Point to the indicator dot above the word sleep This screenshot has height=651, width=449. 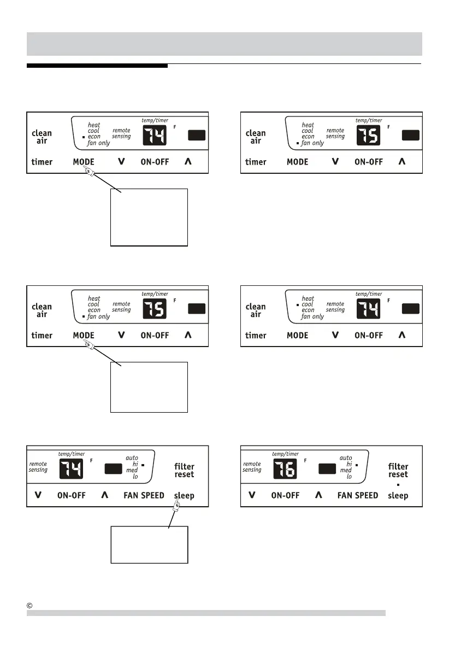click(x=398, y=484)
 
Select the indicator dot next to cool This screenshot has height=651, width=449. click(x=297, y=304)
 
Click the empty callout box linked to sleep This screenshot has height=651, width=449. click(x=149, y=544)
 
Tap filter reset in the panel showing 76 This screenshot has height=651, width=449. click(x=398, y=470)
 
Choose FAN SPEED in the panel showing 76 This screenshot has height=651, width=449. click(x=358, y=496)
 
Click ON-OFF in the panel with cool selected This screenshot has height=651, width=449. click(x=369, y=335)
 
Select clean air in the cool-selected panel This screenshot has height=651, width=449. click(x=256, y=310)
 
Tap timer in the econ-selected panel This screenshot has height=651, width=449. click(x=42, y=162)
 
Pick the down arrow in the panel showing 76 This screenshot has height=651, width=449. click(x=252, y=496)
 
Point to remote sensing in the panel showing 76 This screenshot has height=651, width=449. click(x=252, y=466)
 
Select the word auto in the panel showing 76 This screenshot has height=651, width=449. click(x=346, y=458)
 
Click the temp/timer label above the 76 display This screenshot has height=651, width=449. click(x=286, y=454)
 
